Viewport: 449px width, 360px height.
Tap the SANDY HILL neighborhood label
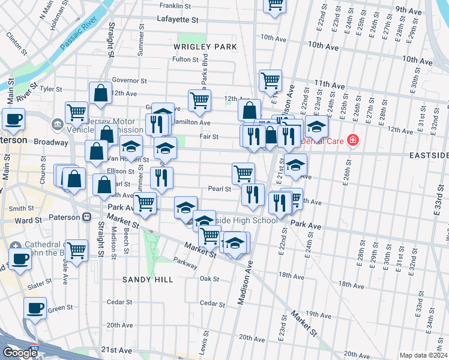point(148,280)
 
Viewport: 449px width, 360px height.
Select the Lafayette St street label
point(177,20)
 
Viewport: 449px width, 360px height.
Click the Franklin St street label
point(178,5)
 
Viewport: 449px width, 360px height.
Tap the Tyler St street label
point(51,89)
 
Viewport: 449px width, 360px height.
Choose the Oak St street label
point(209,279)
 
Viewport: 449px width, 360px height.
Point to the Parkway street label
point(185,262)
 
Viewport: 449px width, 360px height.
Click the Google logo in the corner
point(20,353)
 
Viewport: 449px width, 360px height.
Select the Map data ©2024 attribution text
point(423,355)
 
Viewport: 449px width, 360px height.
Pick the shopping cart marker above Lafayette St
point(275,4)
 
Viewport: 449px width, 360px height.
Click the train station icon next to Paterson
point(87,217)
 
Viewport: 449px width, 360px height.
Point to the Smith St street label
point(21,208)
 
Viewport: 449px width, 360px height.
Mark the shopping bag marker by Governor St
point(100,93)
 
